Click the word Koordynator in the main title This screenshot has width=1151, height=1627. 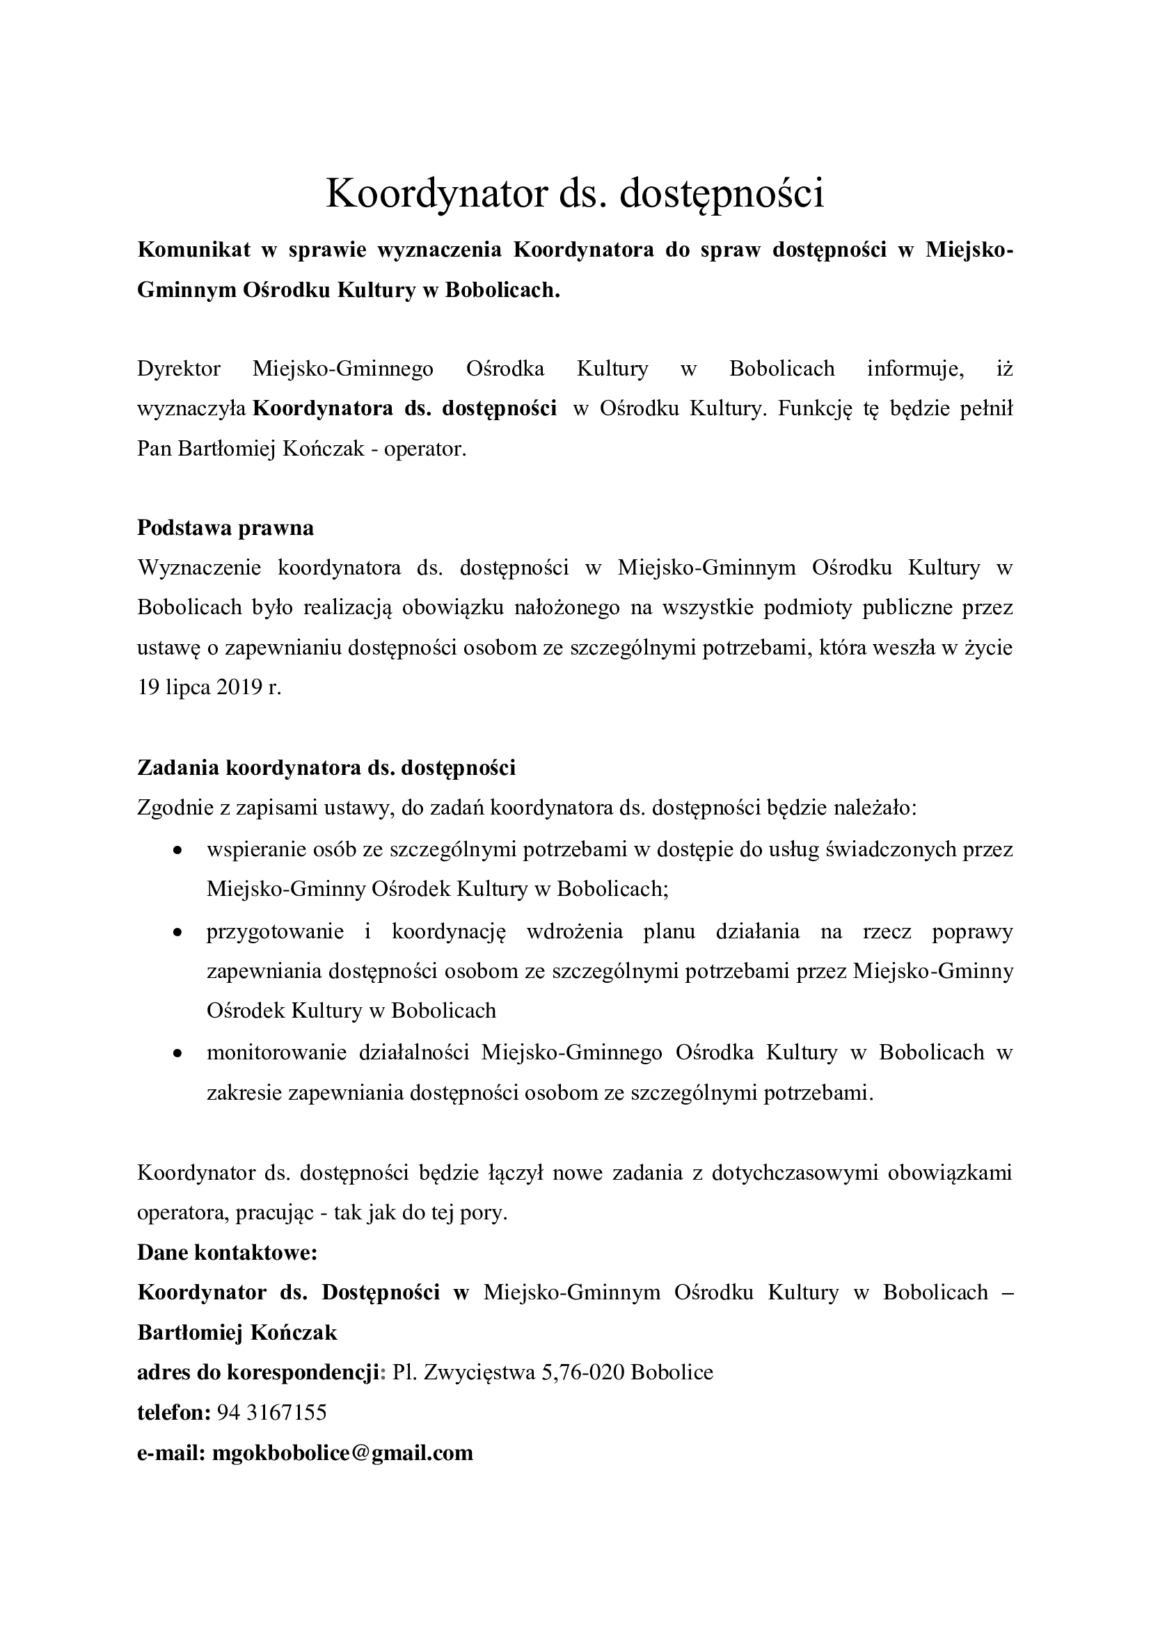[x=436, y=193]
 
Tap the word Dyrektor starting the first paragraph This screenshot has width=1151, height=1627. [x=179, y=369]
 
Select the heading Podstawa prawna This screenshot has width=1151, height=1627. [x=225, y=528]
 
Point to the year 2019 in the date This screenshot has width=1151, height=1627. [x=239, y=687]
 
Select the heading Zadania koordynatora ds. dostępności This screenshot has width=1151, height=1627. [x=326, y=767]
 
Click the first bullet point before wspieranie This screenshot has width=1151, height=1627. [x=179, y=849]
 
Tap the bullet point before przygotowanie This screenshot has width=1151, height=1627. [x=179, y=932]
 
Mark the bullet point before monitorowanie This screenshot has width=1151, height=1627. [x=179, y=1054]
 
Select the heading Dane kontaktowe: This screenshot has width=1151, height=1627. [x=227, y=1253]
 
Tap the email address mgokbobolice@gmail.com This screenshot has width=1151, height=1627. [x=342, y=1453]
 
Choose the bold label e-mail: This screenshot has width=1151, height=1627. [x=170, y=1453]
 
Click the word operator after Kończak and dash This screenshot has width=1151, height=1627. [x=424, y=449]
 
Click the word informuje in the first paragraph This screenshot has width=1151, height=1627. [x=915, y=369]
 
